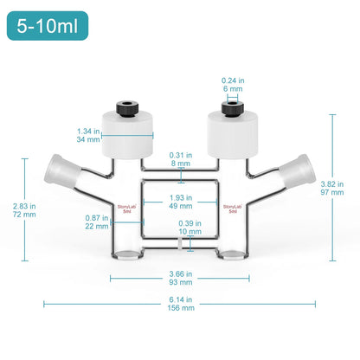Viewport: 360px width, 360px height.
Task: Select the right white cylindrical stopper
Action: coord(232,134)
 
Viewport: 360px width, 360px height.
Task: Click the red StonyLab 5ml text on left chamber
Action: coord(126,209)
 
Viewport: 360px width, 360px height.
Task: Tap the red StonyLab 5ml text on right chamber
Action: coord(232,209)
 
